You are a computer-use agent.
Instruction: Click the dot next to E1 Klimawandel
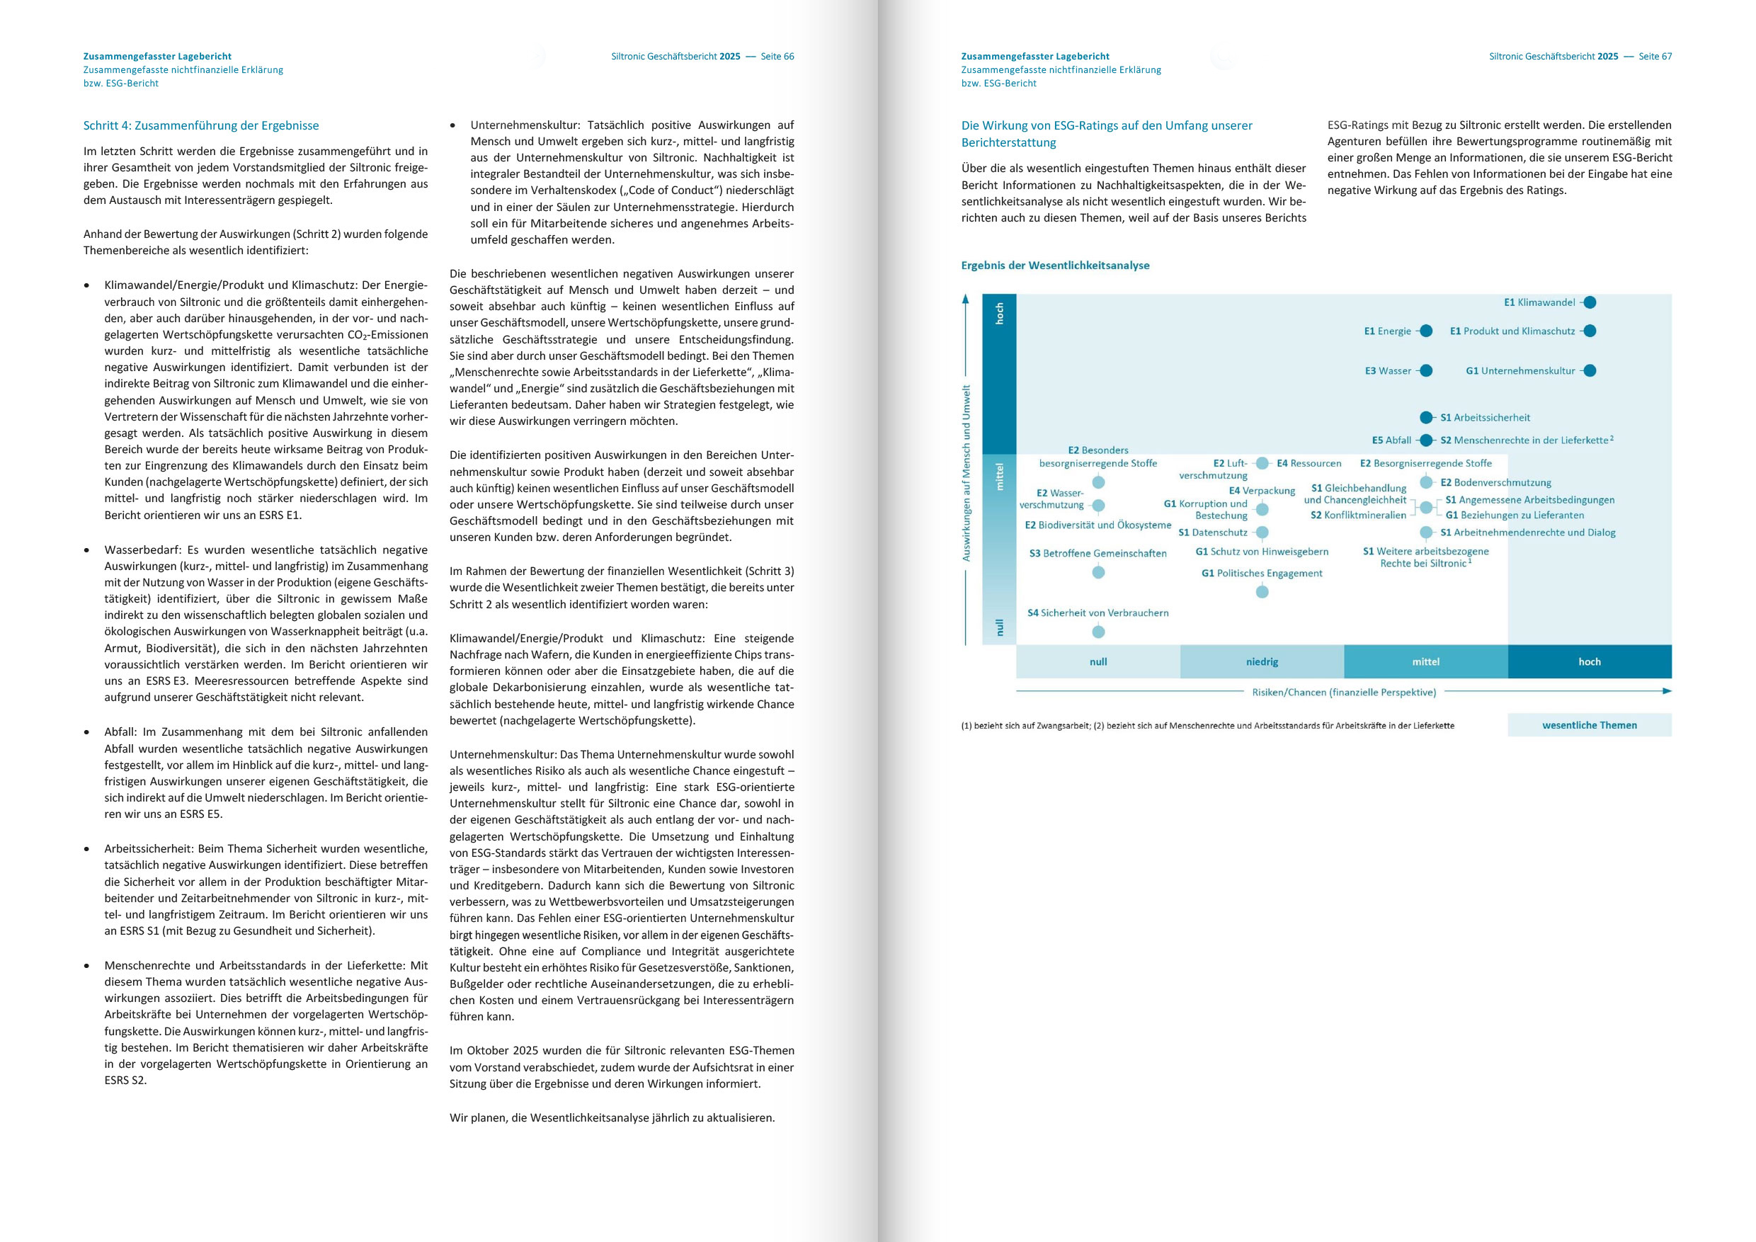point(1590,302)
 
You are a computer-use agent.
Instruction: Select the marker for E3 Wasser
point(1425,371)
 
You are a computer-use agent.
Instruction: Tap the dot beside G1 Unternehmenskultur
point(1590,371)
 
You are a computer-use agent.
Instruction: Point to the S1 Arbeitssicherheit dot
point(1425,418)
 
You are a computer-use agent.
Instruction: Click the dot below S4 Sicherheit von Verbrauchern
point(1098,632)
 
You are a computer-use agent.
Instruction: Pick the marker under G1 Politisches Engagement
point(1262,592)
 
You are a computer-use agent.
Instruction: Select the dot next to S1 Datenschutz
point(1262,532)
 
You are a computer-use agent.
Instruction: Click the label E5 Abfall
point(1391,440)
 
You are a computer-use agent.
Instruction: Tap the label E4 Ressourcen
point(1309,464)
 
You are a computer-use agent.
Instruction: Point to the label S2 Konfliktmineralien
point(1357,515)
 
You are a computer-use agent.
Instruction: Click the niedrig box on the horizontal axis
point(1262,661)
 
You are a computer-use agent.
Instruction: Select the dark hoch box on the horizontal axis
point(1590,661)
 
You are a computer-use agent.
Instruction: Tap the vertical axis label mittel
point(999,476)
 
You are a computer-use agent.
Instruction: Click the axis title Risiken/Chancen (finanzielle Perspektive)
point(1344,692)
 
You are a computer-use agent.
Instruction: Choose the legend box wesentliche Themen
point(1590,725)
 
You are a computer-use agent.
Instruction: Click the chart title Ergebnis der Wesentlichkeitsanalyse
point(1055,266)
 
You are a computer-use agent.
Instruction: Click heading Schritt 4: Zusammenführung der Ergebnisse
point(201,125)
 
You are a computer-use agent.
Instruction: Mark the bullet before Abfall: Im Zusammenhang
point(86,733)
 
